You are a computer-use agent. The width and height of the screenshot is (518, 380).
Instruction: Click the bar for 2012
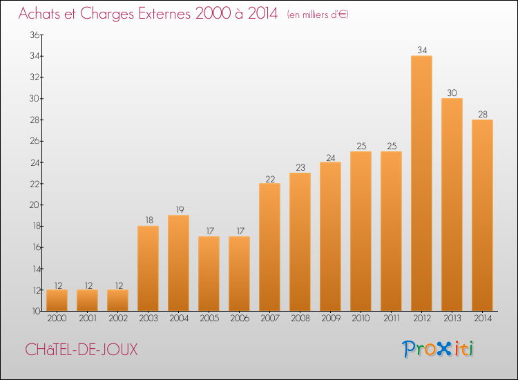(421, 183)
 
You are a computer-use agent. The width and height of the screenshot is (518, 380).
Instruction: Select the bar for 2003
(148, 268)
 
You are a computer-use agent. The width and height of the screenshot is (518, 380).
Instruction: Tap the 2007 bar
(269, 247)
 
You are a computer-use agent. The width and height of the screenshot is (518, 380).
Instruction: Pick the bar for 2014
(482, 215)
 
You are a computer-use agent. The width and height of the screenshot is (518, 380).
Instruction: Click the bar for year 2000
(57, 301)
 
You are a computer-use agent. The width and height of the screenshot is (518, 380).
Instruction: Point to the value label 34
(422, 50)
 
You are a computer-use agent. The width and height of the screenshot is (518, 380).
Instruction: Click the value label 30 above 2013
(452, 93)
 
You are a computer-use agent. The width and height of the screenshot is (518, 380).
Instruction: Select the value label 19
(180, 209)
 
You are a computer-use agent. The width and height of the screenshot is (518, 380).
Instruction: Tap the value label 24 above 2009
(330, 158)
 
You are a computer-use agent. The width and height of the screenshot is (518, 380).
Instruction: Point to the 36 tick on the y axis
(35, 35)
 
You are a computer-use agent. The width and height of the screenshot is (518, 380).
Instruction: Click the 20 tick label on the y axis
(35, 205)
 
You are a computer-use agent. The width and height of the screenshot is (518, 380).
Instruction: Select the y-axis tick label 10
(36, 311)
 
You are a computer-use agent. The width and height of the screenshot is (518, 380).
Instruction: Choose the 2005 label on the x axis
(209, 319)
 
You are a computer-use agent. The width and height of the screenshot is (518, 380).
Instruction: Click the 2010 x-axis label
(361, 319)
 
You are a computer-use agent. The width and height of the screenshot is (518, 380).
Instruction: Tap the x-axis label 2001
(88, 319)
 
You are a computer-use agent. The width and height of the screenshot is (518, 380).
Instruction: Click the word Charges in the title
(107, 14)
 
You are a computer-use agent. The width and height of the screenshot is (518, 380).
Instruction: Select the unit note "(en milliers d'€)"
(318, 15)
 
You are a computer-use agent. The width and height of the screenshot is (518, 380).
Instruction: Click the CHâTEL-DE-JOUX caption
(81, 350)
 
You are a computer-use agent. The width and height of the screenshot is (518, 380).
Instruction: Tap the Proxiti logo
(438, 349)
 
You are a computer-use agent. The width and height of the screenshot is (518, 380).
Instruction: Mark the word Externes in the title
(164, 13)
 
